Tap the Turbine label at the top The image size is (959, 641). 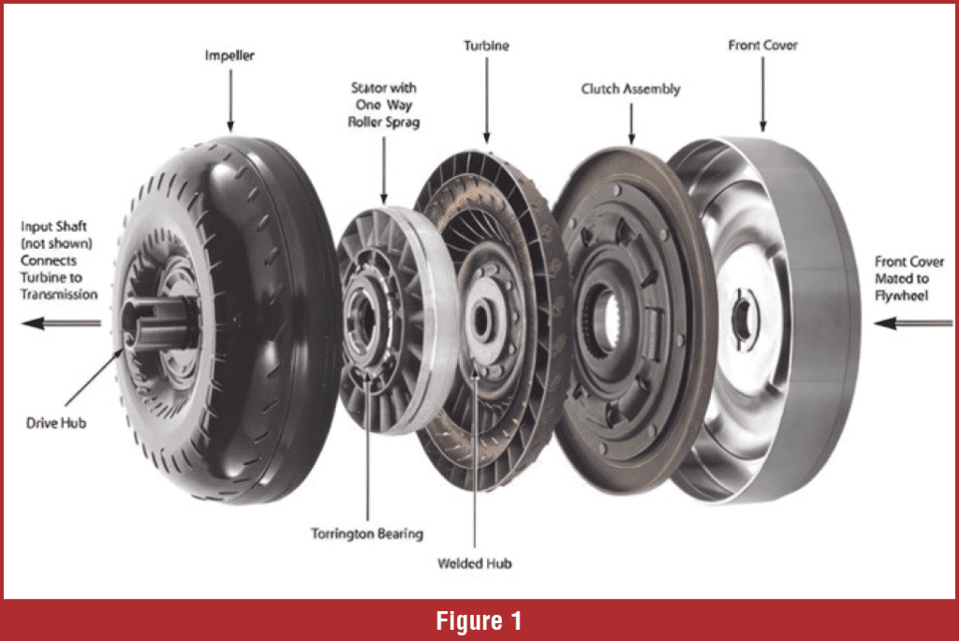pos(485,45)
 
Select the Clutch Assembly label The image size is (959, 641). pos(630,90)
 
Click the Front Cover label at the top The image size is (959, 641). pos(761,45)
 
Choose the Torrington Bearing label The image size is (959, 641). pos(367,534)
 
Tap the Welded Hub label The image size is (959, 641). pos(475,563)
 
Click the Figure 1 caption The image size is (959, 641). pos(479,620)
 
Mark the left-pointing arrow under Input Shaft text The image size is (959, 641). pos(62,324)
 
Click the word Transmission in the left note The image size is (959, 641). pos(62,295)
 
